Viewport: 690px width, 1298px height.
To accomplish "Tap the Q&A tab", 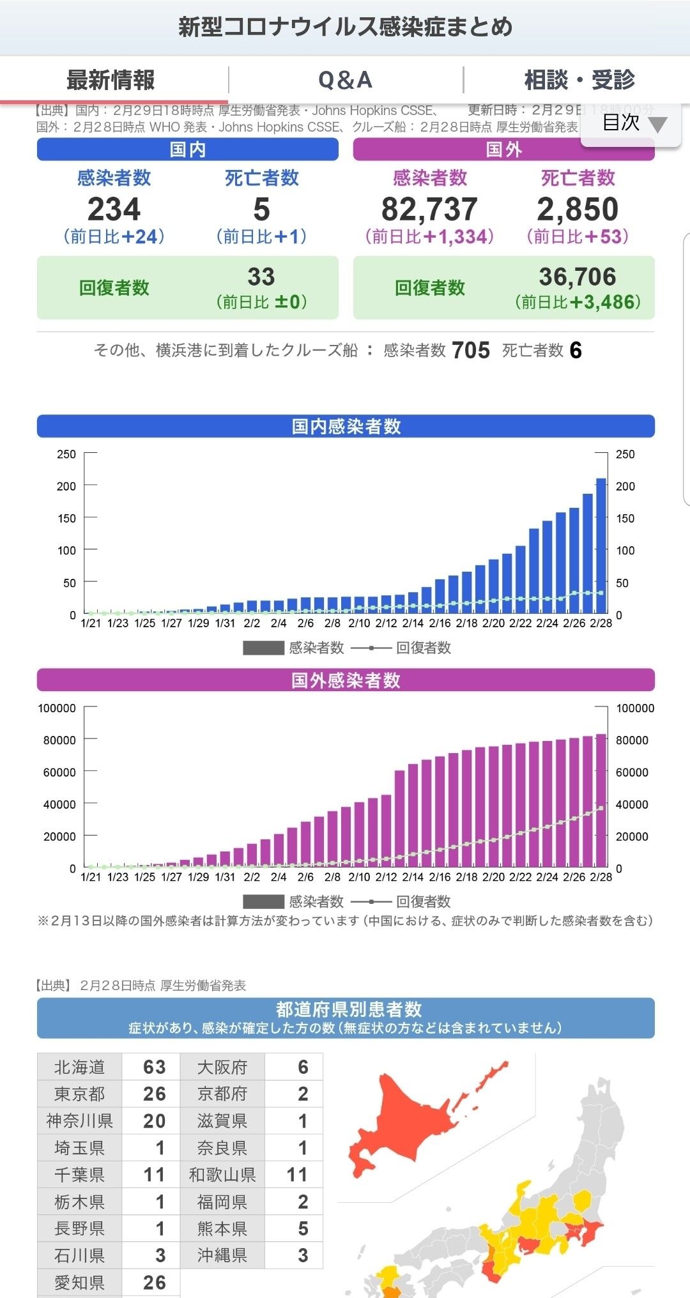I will (x=345, y=80).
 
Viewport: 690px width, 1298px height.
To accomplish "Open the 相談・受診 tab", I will (x=579, y=80).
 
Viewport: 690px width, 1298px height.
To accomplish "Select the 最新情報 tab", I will (x=111, y=80).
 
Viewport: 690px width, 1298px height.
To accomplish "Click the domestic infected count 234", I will (x=114, y=210).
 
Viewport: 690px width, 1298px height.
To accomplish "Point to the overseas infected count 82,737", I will (x=429, y=210).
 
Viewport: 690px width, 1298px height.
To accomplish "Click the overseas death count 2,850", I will (x=578, y=210).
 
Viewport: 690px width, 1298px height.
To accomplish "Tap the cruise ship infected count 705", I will (x=471, y=351).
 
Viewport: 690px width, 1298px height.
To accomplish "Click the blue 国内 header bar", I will (x=187, y=149).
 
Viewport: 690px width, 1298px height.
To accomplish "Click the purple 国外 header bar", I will (x=503, y=149).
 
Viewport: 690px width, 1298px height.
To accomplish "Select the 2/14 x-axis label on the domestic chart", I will (x=413, y=623).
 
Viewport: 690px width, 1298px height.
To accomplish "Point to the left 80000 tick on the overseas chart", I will (x=59, y=740).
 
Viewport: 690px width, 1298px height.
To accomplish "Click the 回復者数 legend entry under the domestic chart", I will (x=423, y=648).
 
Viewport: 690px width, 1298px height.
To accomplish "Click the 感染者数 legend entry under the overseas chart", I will (x=316, y=902).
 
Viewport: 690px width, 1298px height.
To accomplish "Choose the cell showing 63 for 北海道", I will (x=154, y=1067).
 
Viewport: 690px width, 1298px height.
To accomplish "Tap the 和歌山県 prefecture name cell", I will (x=222, y=1175).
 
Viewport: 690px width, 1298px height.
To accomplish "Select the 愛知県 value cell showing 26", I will (x=154, y=1283).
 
